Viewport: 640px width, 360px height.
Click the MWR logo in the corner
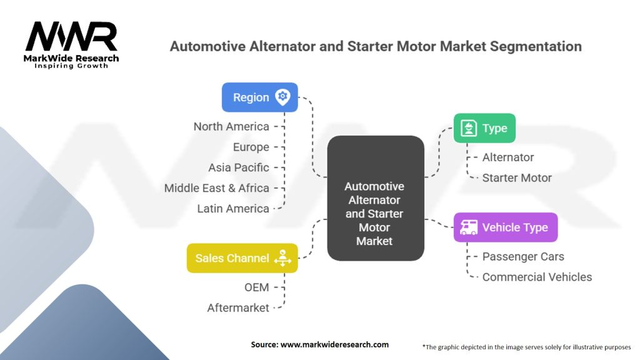(x=72, y=44)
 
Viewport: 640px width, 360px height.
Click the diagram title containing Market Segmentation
(x=376, y=46)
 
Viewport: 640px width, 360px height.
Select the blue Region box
(x=260, y=97)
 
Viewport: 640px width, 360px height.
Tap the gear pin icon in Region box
(x=282, y=97)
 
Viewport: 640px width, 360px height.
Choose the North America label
(x=231, y=126)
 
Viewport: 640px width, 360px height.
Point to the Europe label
(x=251, y=147)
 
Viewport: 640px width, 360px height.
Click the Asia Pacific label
(x=239, y=167)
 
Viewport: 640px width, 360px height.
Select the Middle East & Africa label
(x=217, y=188)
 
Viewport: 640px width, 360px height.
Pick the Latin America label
(x=233, y=209)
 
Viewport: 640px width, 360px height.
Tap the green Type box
(x=484, y=129)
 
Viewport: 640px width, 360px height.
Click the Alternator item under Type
(x=508, y=157)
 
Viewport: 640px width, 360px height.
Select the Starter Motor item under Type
(x=517, y=178)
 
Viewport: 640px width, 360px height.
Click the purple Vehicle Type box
(x=505, y=227)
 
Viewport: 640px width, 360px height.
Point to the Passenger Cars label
(x=523, y=257)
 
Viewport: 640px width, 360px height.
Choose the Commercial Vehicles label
(x=537, y=277)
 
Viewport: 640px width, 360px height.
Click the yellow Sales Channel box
(x=242, y=258)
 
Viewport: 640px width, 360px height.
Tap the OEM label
(x=257, y=287)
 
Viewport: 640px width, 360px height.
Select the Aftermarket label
(x=238, y=308)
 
